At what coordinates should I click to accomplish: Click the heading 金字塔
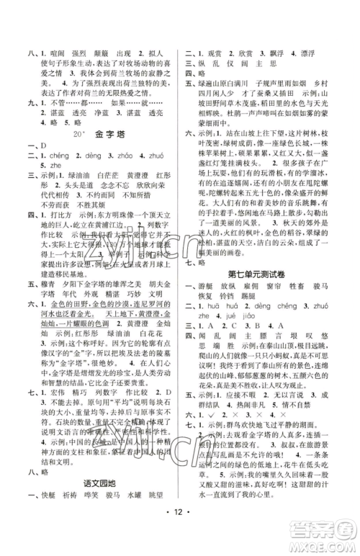(103, 134)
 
